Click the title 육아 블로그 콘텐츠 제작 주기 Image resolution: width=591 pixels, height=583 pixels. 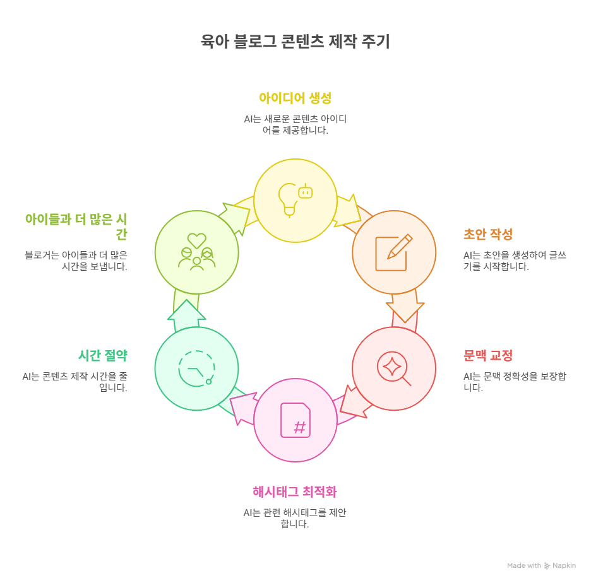coord(295,42)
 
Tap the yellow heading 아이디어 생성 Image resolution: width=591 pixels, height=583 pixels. coord(295,98)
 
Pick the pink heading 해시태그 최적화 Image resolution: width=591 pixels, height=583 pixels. coord(295,492)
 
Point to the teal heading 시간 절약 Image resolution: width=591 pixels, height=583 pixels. coord(103,356)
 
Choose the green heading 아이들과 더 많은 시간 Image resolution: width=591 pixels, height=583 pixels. coord(76,227)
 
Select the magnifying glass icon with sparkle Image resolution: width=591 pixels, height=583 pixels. coord(393,368)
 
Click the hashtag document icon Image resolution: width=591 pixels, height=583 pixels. coord(295,420)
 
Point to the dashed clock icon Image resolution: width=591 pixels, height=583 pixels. coord(196,368)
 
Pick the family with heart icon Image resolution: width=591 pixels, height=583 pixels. coord(196,252)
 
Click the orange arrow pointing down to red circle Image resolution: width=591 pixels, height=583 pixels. coord(404,307)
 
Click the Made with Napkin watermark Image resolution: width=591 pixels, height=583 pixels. coord(541,566)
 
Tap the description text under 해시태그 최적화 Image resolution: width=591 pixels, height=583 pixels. coord(295,518)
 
